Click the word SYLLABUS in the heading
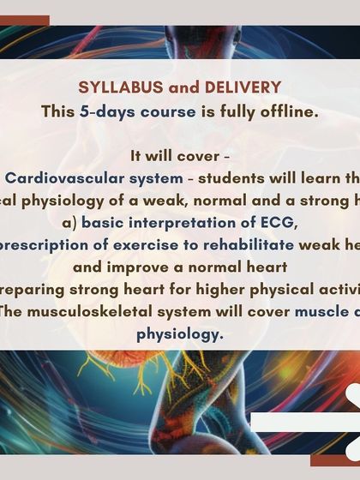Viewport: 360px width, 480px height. point(113,88)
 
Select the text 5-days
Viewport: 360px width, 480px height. point(101,111)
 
